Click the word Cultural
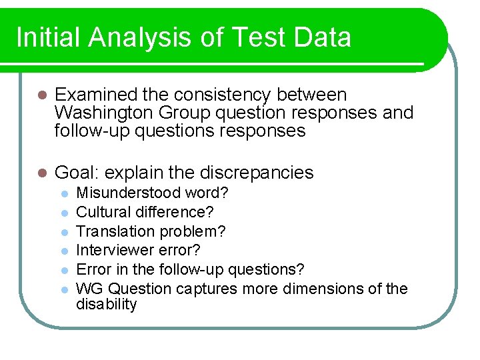click(x=101, y=212)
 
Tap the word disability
click(x=106, y=305)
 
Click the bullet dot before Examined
click(x=41, y=96)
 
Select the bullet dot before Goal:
click(x=41, y=173)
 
